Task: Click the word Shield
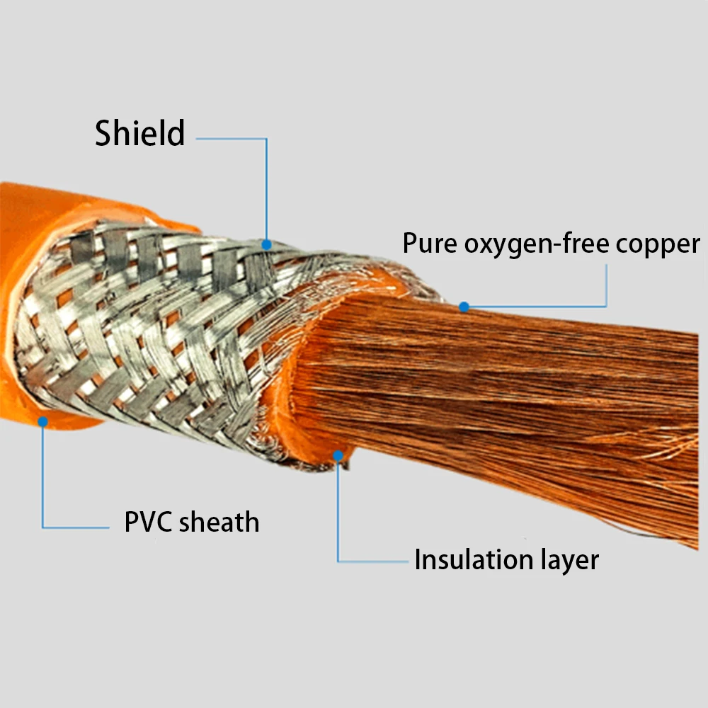pyautogui.click(x=140, y=133)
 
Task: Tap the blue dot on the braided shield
pyautogui.click(x=266, y=245)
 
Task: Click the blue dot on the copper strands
pyautogui.click(x=464, y=307)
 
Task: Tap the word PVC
pyautogui.click(x=148, y=522)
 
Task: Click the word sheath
pyautogui.click(x=219, y=522)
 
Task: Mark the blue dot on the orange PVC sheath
pyautogui.click(x=43, y=422)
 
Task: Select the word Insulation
pyautogui.click(x=474, y=559)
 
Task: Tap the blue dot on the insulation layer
pyautogui.click(x=338, y=456)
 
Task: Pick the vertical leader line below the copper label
pyautogui.click(x=606, y=285)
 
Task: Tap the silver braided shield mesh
pyautogui.click(x=158, y=334)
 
